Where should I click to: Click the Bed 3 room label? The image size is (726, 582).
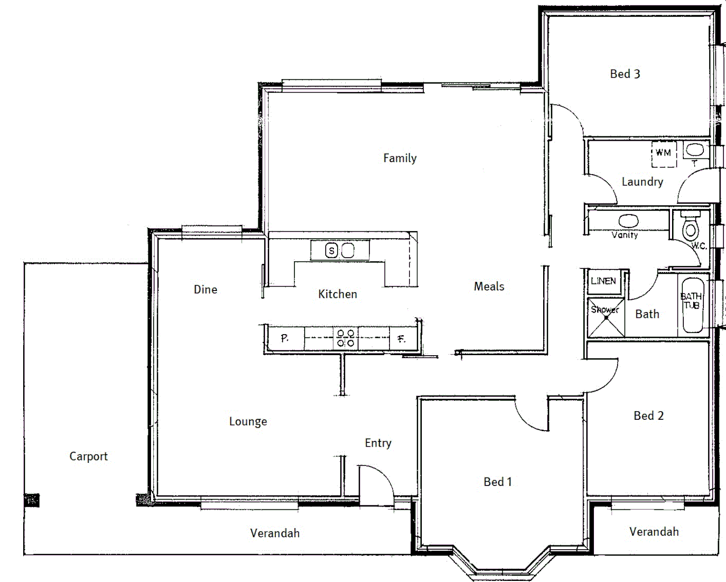click(x=625, y=74)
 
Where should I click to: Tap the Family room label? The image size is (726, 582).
click(x=400, y=158)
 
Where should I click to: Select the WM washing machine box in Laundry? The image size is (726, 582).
click(x=663, y=153)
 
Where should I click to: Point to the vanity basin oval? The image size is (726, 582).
click(x=628, y=220)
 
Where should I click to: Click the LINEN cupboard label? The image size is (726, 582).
click(x=603, y=281)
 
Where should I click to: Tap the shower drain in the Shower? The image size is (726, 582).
click(x=606, y=317)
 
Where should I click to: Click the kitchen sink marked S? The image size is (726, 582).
click(x=332, y=251)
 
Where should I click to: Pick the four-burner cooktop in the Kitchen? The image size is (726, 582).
click(x=346, y=338)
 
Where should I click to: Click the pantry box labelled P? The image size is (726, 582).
click(x=285, y=338)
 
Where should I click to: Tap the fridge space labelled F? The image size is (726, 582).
click(x=401, y=339)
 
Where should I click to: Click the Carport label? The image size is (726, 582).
click(x=88, y=456)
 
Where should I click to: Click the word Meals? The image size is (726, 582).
click(x=489, y=287)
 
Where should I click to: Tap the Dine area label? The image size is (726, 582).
click(x=206, y=289)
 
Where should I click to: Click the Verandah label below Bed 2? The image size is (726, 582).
click(x=654, y=532)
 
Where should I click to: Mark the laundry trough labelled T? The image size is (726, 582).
click(x=695, y=150)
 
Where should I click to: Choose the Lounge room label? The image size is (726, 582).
click(x=248, y=421)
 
